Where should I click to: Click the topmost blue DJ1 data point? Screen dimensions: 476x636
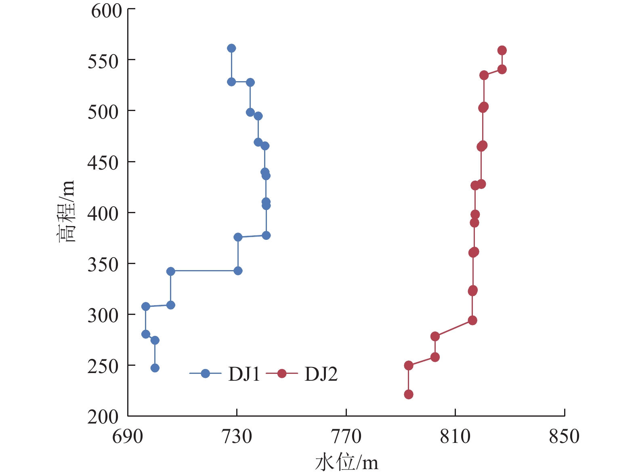click(x=231, y=48)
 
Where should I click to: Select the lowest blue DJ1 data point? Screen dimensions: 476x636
click(x=155, y=368)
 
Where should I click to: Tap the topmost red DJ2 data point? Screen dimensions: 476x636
click(x=502, y=50)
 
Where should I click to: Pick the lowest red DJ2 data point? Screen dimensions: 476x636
click(x=409, y=394)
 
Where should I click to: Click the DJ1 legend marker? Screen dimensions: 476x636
click(x=205, y=373)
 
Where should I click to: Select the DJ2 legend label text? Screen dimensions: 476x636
click(x=321, y=374)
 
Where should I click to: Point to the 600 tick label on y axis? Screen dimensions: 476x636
click(x=106, y=11)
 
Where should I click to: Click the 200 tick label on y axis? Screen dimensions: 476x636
click(x=103, y=417)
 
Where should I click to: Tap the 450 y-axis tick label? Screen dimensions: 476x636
click(x=103, y=163)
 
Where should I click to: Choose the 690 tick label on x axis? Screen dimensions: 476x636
click(x=128, y=436)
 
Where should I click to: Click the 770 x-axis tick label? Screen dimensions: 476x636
click(x=346, y=436)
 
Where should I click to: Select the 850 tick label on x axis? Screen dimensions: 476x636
click(x=564, y=436)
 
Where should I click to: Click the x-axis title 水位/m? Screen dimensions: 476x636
click(x=346, y=462)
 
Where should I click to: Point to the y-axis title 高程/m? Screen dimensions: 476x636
click(x=66, y=211)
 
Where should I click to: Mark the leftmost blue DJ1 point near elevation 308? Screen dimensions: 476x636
click(x=146, y=306)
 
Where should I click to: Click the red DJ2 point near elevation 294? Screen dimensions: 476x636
click(x=472, y=321)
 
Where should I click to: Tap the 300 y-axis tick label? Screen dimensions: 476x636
click(x=103, y=315)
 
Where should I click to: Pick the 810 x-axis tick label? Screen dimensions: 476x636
click(x=455, y=436)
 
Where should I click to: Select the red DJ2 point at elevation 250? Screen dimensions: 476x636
click(x=409, y=365)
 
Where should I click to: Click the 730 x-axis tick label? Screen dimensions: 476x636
click(x=237, y=436)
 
